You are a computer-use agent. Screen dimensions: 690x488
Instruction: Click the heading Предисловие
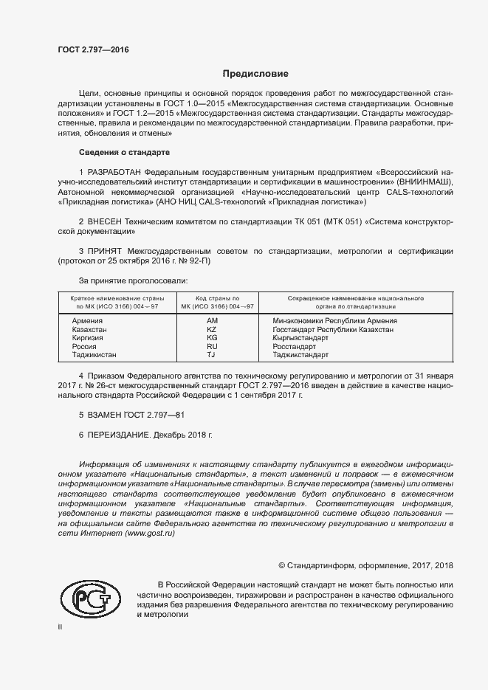[255, 74]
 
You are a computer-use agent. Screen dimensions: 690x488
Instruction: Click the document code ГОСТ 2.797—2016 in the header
[92, 49]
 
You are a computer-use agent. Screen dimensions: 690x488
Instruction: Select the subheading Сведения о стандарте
[124, 152]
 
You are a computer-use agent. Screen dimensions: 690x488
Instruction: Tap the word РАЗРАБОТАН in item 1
[116, 172]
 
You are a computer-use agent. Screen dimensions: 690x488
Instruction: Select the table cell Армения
[87, 321]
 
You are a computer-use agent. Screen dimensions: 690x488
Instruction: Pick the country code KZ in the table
[212, 330]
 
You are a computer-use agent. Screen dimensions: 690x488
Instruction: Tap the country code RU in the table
[212, 346]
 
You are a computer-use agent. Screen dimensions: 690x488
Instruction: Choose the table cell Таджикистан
[94, 355]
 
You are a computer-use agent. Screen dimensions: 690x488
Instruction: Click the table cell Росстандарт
[295, 346]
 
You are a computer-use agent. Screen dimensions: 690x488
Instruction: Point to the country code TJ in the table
[211, 355]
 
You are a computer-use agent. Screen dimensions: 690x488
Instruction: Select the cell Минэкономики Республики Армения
[334, 321]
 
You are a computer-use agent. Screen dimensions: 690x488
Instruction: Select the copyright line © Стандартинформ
[365, 565]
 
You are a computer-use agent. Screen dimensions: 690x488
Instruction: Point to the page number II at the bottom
[61, 627]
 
